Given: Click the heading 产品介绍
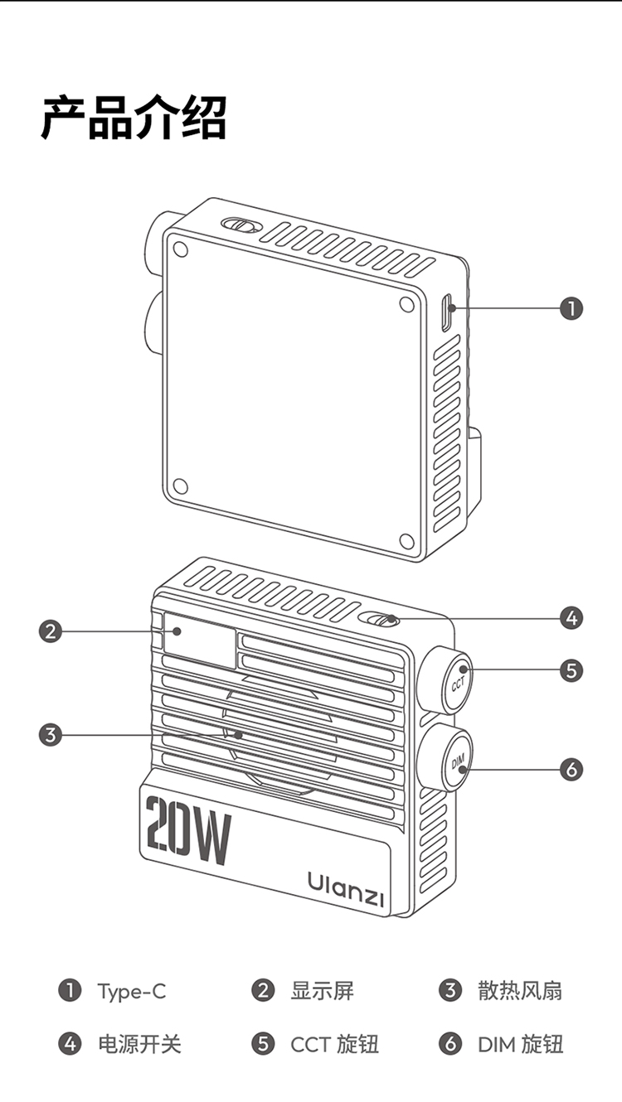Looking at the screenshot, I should pos(134,118).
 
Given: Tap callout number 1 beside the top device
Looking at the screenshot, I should pos(571,308).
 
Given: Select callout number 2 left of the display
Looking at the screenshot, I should pos(51,631).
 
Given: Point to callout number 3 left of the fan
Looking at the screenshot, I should pos(51,734).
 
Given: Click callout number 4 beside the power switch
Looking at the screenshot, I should pos(571,617).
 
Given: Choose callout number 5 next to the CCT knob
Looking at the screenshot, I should pos(571,669).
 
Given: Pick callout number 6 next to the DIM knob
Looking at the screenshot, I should pos(571,770).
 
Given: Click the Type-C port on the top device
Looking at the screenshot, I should pos(447,313).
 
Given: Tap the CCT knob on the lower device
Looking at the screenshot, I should pos(456,684).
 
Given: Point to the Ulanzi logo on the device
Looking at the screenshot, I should pos(346,887).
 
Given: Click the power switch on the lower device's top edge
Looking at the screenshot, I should pos(382,620).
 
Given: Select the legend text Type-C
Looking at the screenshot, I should pos(131,991).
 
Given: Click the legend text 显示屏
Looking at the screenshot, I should pos(322,991).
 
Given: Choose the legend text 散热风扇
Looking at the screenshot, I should pos(520,991).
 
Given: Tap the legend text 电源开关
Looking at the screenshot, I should pos(139,1044).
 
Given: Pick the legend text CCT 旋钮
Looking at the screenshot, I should pos(334,1044).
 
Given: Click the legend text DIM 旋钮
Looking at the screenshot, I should pos(520,1044).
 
